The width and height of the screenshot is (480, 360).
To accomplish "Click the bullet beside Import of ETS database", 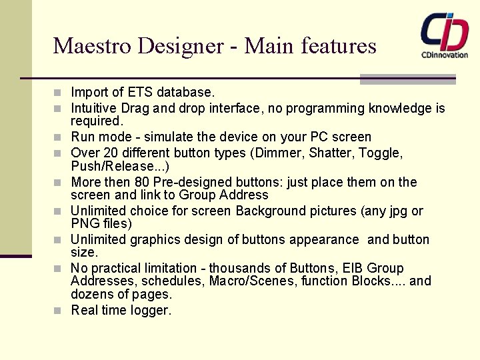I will click(59, 92).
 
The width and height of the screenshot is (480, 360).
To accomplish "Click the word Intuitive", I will click(95, 108).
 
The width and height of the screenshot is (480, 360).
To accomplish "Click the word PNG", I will click(85, 223).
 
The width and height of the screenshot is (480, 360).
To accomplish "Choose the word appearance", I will click(323, 239).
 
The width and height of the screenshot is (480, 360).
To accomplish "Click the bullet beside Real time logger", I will click(59, 311).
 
